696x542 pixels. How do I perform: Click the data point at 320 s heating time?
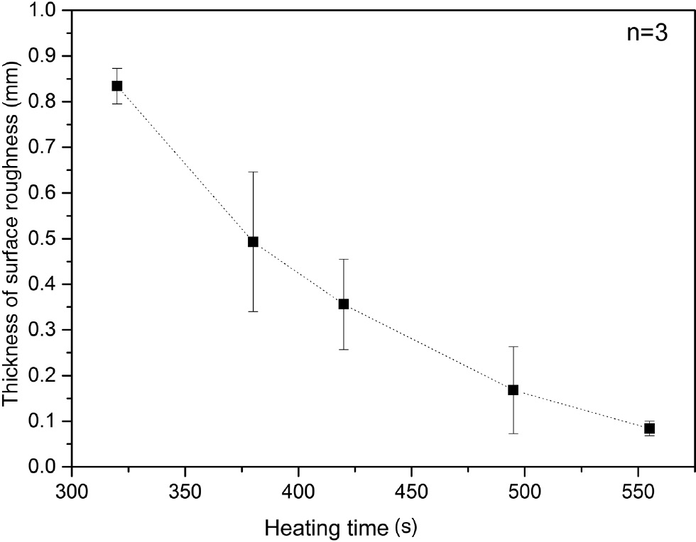point(117,86)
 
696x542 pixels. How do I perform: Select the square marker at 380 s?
point(253,241)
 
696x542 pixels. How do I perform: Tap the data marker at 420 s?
point(344,304)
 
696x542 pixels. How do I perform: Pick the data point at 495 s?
point(513,389)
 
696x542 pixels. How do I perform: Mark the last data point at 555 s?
point(649,428)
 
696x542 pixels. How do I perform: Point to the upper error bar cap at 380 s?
point(253,172)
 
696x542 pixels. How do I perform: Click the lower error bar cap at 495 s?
point(513,433)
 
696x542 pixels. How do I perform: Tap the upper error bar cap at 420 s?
point(344,260)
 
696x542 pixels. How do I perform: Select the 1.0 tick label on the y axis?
point(47,11)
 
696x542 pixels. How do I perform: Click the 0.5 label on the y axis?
point(47,239)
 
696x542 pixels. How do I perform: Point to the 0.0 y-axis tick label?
point(47,467)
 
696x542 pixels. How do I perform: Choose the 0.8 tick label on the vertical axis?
point(47,102)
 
